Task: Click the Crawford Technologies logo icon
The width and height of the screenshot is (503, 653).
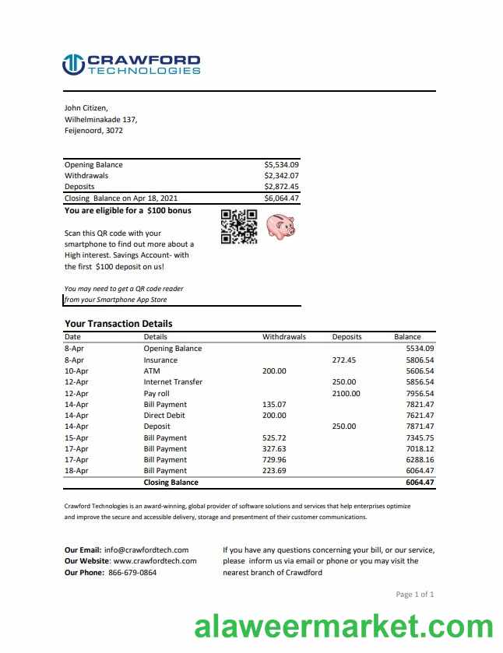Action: pyautogui.click(x=73, y=65)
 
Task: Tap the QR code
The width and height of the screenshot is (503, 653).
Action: pyautogui.click(x=239, y=226)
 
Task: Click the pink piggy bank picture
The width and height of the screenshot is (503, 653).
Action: pyautogui.click(x=280, y=226)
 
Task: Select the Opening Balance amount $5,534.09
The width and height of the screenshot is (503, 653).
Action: pyautogui.click(x=281, y=165)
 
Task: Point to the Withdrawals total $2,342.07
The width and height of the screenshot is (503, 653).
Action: pyautogui.click(x=281, y=176)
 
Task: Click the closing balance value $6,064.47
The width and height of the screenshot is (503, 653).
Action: pyautogui.click(x=281, y=198)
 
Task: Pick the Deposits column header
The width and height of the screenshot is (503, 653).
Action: pyautogui.click(x=346, y=337)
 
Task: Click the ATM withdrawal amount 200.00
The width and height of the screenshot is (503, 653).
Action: pyautogui.click(x=274, y=371)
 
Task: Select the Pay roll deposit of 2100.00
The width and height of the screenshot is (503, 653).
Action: pyautogui.click(x=346, y=394)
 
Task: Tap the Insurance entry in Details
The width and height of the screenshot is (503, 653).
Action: pyautogui.click(x=160, y=360)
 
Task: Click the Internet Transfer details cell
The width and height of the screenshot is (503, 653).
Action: pyautogui.click(x=173, y=382)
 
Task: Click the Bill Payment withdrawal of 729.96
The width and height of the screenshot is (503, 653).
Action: pyautogui.click(x=274, y=460)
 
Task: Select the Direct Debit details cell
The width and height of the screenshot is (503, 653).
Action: pyautogui.click(x=164, y=416)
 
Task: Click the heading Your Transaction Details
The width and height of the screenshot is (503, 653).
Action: pyautogui.click(x=118, y=324)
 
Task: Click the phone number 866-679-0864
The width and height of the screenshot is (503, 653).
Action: pyautogui.click(x=132, y=573)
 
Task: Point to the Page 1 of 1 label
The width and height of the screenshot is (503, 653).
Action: pyautogui.click(x=415, y=595)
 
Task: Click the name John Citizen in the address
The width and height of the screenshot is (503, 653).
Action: pyautogui.click(x=86, y=108)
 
